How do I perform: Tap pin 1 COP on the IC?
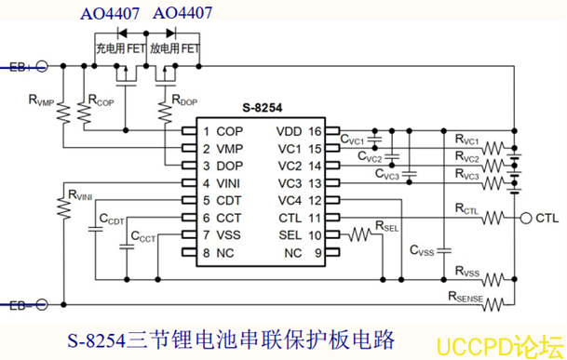(220, 132)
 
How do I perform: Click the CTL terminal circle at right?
(526, 218)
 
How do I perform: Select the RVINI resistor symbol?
(64, 208)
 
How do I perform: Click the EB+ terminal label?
(20, 66)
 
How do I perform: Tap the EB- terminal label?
(20, 303)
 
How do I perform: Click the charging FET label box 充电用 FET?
(120, 46)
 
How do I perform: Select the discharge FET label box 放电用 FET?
(175, 46)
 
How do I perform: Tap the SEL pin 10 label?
(301, 235)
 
